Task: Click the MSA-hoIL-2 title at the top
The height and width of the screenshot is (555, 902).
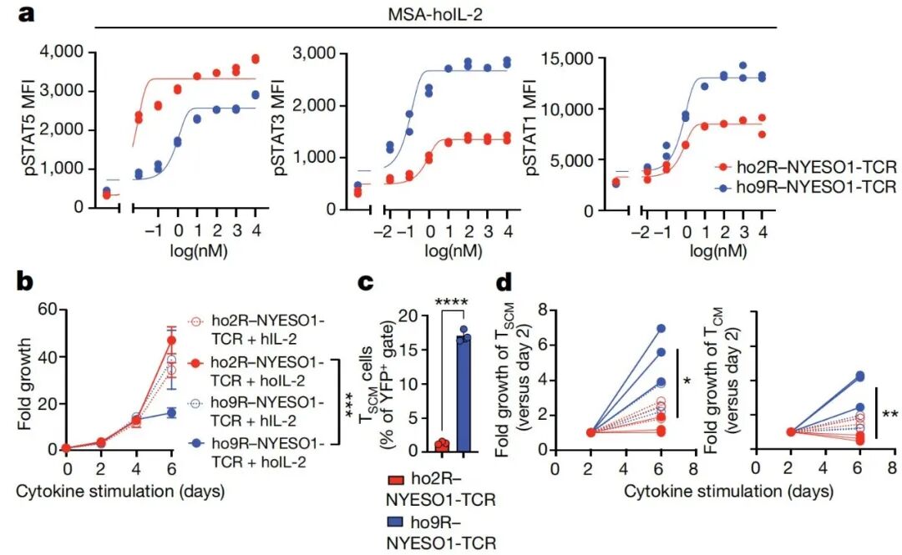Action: (436, 15)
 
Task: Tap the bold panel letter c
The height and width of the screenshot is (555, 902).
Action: (366, 283)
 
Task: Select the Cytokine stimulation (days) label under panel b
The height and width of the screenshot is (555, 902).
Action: (121, 492)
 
